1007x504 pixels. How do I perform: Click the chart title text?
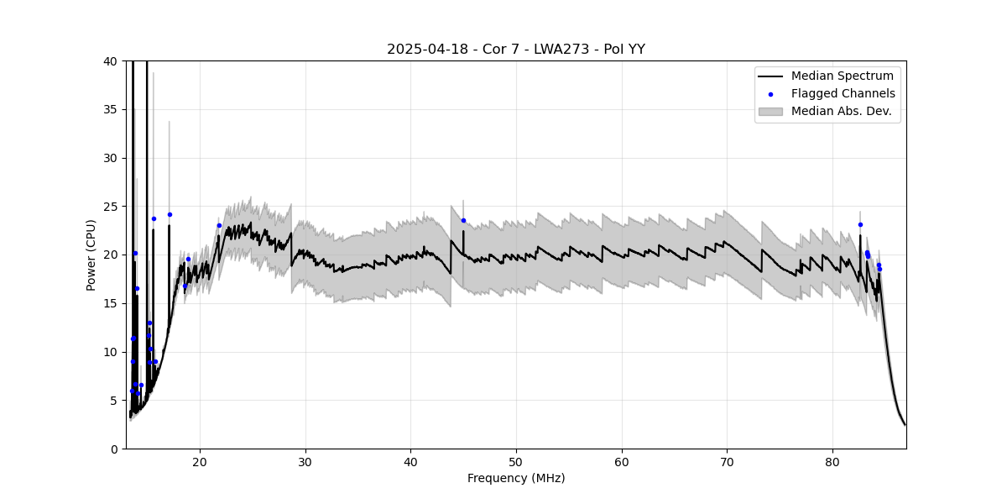pyautogui.click(x=515, y=50)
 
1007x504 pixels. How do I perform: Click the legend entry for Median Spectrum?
pyautogui.click(x=842, y=76)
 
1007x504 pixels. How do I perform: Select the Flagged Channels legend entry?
pyautogui.click(x=843, y=93)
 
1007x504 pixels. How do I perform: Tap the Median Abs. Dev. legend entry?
pyautogui.click(x=841, y=111)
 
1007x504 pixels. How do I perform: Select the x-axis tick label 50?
pyautogui.click(x=516, y=462)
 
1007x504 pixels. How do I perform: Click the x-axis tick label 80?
pyautogui.click(x=832, y=462)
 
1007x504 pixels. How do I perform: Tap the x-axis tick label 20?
pyautogui.click(x=200, y=462)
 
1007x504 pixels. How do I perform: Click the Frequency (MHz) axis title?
pyautogui.click(x=515, y=479)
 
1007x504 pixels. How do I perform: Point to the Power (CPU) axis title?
pyautogui.click(x=91, y=255)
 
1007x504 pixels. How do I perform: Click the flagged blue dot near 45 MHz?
pyautogui.click(x=463, y=221)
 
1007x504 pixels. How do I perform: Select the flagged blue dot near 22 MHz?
pyautogui.click(x=219, y=225)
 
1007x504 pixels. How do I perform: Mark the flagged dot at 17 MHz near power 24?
pyautogui.click(x=170, y=214)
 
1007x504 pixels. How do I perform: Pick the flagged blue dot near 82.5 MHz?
pyautogui.click(x=860, y=224)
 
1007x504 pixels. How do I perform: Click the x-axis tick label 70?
pyautogui.click(x=727, y=462)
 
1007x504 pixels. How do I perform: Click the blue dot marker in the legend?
pyautogui.click(x=770, y=94)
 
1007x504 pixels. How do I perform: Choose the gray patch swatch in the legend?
pyautogui.click(x=770, y=111)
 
